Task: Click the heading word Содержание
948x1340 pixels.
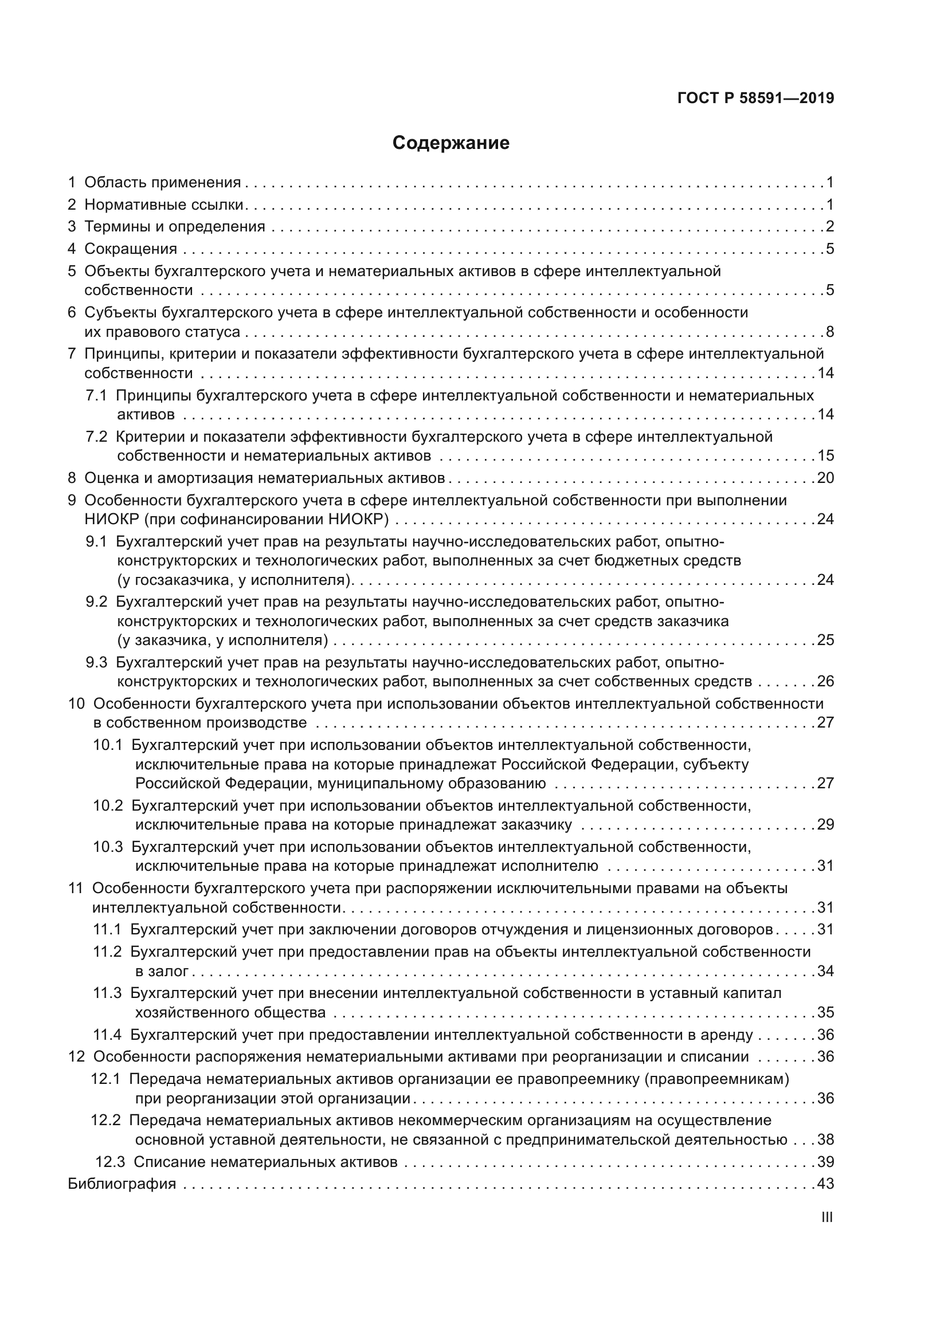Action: click(451, 143)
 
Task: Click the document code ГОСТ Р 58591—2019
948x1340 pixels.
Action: click(755, 98)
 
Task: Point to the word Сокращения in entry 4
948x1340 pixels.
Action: click(130, 249)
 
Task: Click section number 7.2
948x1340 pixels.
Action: click(96, 437)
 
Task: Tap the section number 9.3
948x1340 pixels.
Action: click(96, 662)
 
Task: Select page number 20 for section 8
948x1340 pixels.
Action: click(825, 478)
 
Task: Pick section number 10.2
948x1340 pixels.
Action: click(108, 805)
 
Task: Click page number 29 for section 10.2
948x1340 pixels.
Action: click(825, 824)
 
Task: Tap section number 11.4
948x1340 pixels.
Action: click(107, 1035)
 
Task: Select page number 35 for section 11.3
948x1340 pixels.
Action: click(825, 1012)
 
